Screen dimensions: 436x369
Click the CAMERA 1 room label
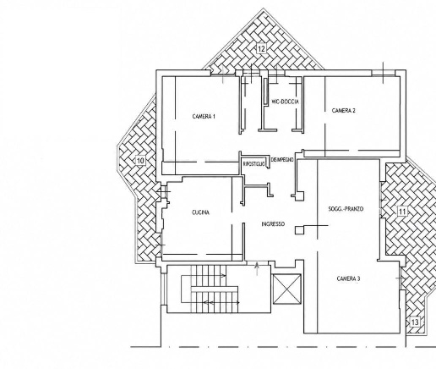pos(204,116)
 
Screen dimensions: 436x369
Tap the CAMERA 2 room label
pos(343,110)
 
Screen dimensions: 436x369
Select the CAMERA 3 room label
pos(348,278)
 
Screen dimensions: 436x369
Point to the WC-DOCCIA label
pos(285,102)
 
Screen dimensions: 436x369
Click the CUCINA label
pos(200,212)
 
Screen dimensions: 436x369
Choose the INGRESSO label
pos(273,224)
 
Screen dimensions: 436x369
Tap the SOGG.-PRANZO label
pos(346,209)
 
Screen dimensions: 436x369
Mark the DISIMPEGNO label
pos(282,160)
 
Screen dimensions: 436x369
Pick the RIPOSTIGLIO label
pos(253,164)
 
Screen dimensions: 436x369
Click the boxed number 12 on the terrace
pos(261,49)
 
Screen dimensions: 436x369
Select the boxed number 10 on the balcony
pos(140,161)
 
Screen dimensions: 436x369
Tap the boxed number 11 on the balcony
pos(402,212)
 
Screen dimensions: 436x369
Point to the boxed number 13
pos(415,322)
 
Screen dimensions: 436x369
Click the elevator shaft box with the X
pos(287,289)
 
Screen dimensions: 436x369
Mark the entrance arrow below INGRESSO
pos(257,269)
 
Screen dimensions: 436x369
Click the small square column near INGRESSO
pos(300,230)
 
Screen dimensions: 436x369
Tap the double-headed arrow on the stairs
pos(221,303)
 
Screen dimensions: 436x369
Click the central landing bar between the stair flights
pos(215,289)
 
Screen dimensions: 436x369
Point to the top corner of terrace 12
pos(264,8)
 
